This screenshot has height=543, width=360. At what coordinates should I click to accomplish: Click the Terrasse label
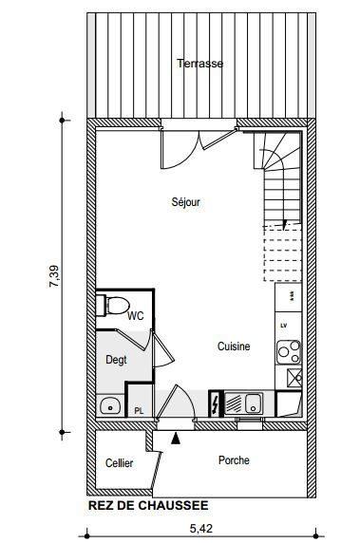[199, 64]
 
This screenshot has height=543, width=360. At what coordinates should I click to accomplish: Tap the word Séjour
[186, 202]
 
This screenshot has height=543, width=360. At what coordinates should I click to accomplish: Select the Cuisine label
[234, 346]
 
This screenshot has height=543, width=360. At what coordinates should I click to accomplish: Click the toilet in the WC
[113, 306]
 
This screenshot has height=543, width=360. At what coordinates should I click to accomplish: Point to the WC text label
[136, 316]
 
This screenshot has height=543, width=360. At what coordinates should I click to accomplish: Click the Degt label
[116, 360]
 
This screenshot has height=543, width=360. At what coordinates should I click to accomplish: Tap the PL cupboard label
[139, 411]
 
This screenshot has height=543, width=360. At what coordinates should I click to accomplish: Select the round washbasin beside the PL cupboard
[110, 406]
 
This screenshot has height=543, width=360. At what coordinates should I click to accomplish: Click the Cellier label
[119, 463]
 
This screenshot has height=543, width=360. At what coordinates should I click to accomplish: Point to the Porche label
[234, 460]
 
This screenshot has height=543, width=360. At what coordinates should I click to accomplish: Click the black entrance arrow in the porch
[176, 438]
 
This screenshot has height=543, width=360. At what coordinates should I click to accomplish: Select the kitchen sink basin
[254, 403]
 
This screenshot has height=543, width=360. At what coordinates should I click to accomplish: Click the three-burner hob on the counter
[289, 352]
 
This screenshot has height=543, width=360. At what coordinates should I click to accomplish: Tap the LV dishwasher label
[284, 326]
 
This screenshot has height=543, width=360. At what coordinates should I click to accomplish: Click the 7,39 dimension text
[54, 276]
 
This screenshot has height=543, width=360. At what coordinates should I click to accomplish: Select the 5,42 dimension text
[201, 529]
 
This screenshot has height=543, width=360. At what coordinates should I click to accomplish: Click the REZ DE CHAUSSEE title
[148, 505]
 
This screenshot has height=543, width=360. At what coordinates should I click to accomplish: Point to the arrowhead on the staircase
[285, 224]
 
